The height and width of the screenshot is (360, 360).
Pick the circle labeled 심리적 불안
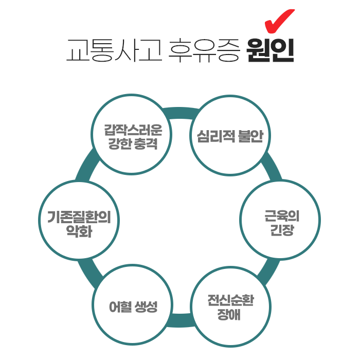230,135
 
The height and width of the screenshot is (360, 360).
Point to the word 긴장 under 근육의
282,230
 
